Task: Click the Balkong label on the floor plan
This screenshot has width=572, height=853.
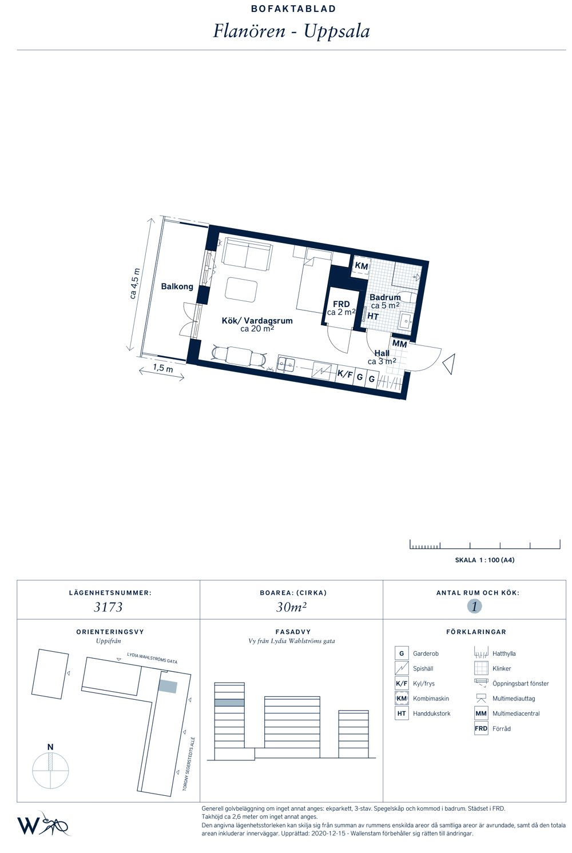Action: tap(177, 286)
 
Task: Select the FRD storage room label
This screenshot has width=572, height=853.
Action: tap(341, 304)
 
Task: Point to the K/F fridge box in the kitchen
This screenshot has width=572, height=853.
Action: tap(344, 374)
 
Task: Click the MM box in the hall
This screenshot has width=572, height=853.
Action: tap(399, 344)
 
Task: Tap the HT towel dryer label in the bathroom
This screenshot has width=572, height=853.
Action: tap(373, 317)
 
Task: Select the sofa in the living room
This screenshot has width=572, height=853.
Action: tap(247, 254)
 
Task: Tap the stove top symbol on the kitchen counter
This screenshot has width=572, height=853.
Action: tap(321, 370)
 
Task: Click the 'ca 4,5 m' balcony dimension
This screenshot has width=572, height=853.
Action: tap(135, 284)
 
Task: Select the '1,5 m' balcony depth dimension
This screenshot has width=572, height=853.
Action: tap(162, 368)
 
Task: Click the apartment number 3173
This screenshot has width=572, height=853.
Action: tap(108, 607)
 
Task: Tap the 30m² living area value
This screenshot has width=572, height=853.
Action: tap(291, 607)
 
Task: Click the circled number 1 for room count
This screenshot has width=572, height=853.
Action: tap(474, 606)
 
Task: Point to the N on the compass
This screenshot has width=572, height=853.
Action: tap(50, 747)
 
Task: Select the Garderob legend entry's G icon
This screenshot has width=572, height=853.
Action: tap(402, 653)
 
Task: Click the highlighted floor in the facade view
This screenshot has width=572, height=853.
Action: tap(229, 703)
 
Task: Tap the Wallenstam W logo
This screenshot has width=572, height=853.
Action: tap(28, 826)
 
